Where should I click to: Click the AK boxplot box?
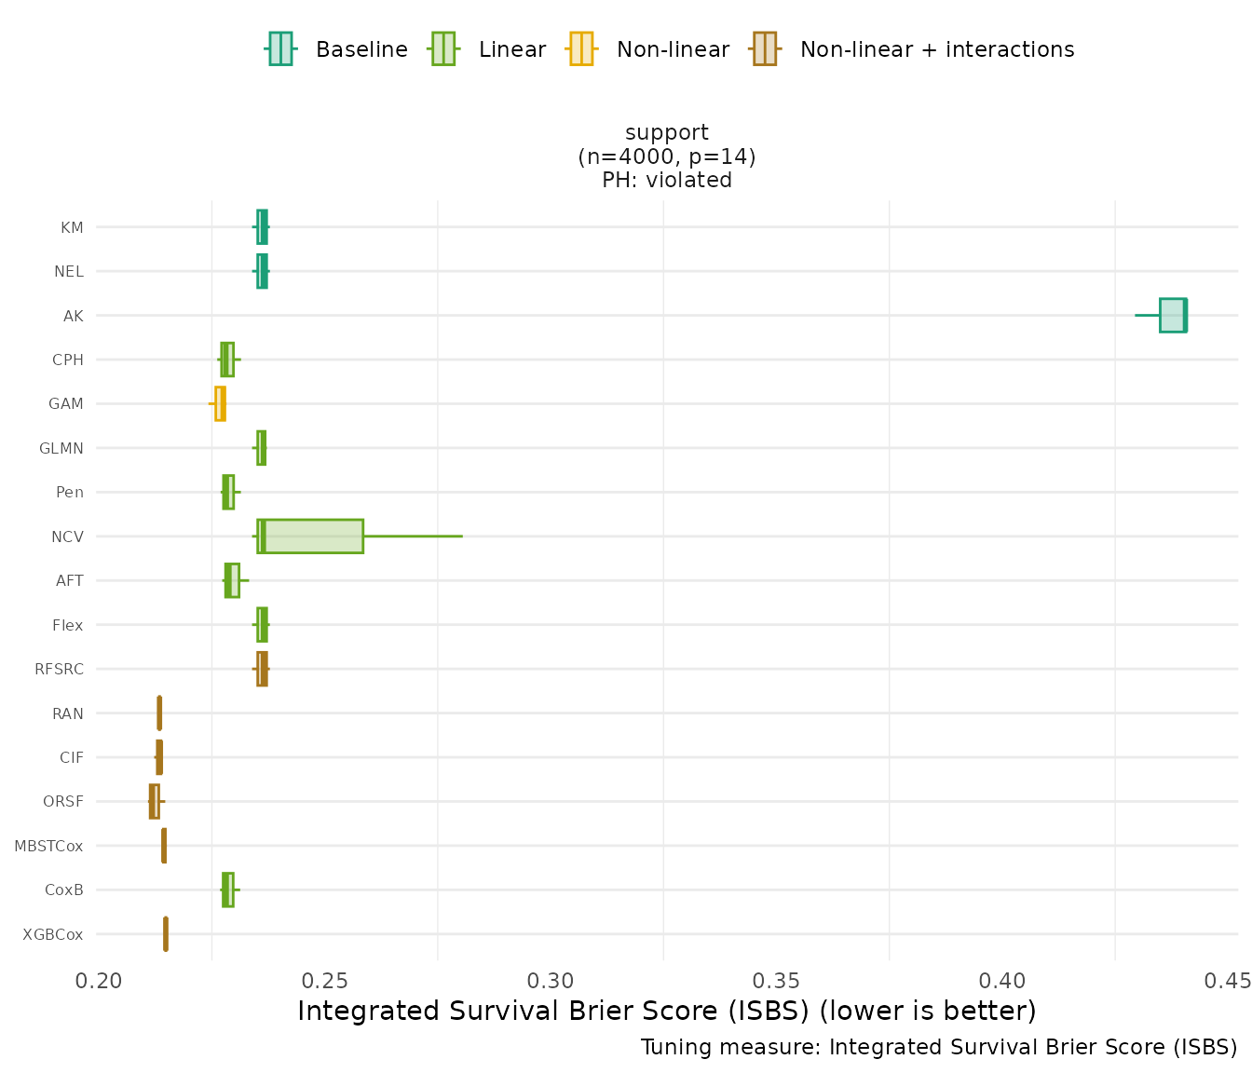point(1173,315)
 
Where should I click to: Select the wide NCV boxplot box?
point(310,536)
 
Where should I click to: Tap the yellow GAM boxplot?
point(220,403)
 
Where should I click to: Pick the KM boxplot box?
point(262,226)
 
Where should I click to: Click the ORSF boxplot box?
point(154,801)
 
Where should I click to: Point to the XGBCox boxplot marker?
point(166,934)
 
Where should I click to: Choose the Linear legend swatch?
point(442,48)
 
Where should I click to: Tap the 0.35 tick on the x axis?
point(776,981)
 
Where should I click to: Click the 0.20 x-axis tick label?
point(98,981)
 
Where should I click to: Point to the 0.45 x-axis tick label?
point(1228,981)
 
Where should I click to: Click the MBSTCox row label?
point(48,846)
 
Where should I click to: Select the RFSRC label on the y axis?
point(59,669)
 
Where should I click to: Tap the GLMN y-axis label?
point(61,448)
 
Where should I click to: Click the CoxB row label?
point(64,890)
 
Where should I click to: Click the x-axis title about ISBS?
point(666,1011)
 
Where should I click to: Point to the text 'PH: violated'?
point(667,180)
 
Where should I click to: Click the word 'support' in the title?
point(667,132)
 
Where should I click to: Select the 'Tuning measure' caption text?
point(938,1047)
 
